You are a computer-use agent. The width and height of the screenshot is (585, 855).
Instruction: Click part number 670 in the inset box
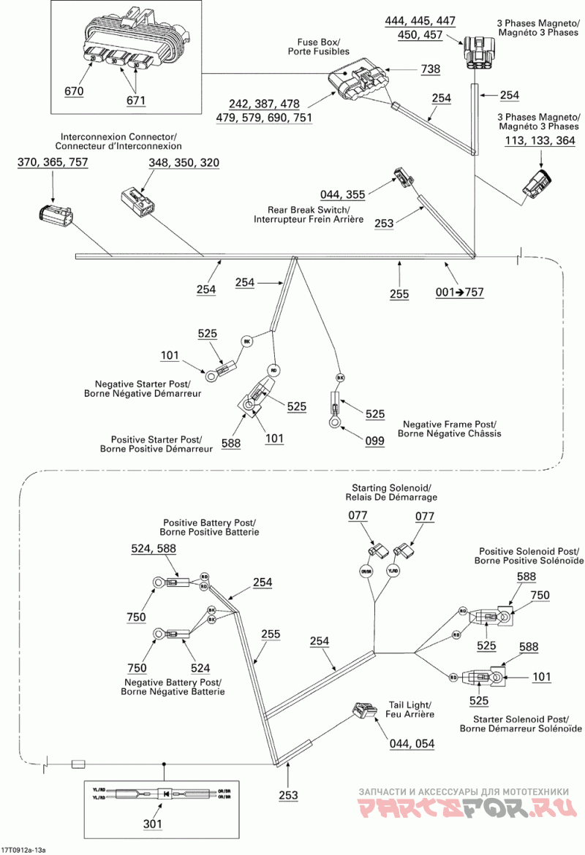74,91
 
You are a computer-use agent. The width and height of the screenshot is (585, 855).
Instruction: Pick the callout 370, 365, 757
53,162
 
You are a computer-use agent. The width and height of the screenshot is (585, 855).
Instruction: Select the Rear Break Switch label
309,214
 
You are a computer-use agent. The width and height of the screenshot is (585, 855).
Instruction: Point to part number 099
375,441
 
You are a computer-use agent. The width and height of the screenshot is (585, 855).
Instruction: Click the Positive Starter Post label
156,444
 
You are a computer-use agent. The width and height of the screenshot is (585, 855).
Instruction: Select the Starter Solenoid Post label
521,723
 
